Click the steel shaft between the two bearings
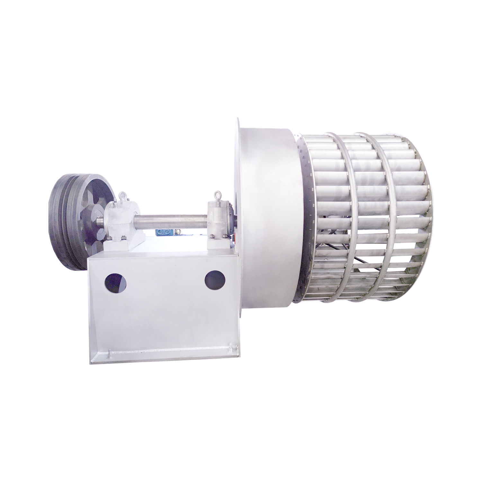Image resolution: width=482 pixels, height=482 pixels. (170, 221)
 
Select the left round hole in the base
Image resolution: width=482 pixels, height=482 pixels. (115, 283)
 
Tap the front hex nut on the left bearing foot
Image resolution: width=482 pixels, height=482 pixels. (123, 238)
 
